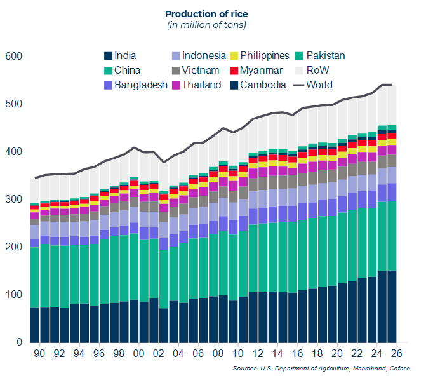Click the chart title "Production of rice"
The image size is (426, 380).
pos(206,13)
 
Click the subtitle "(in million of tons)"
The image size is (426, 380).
pos(206,25)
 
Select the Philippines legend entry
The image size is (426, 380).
pos(261,56)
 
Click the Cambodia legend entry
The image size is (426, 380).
pos(260,85)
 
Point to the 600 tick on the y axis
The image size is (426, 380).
pos(13,57)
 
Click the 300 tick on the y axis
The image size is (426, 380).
pos(13,200)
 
